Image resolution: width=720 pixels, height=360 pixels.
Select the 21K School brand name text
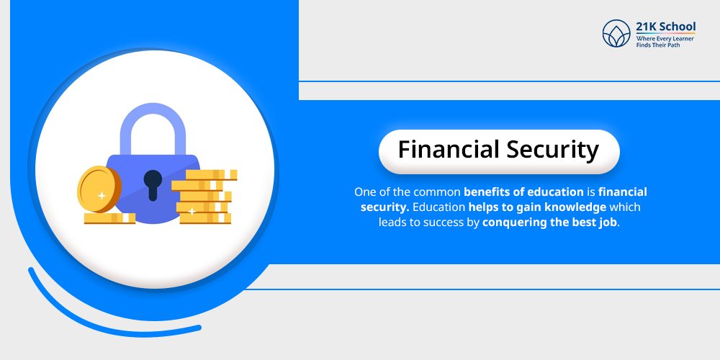pyautogui.click(x=666, y=27)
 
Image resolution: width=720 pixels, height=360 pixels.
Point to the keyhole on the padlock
pyautogui.click(x=153, y=184)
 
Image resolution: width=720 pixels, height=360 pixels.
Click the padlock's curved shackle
pyautogui.click(x=153, y=126)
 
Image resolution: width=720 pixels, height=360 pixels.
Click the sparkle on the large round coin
pyautogui.click(x=102, y=195)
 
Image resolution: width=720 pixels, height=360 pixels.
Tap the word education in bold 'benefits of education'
pyautogui.click(x=553, y=192)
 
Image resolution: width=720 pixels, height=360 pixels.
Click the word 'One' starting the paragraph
pyautogui.click(x=365, y=192)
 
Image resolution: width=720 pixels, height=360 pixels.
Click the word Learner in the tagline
pyautogui.click(x=678, y=37)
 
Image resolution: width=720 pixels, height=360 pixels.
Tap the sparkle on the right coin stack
pyautogui.click(x=192, y=211)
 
